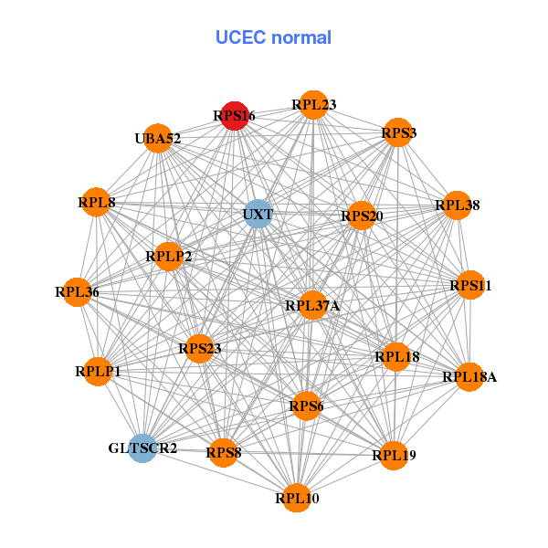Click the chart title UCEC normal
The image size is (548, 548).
(x=273, y=37)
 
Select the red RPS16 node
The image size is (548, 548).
(x=235, y=116)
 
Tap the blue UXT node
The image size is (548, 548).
(x=258, y=215)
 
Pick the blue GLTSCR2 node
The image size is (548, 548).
(x=142, y=448)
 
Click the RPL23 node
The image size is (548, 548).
(x=313, y=105)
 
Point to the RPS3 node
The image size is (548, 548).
(x=397, y=133)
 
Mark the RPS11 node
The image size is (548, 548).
(x=469, y=286)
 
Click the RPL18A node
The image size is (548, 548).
(x=469, y=376)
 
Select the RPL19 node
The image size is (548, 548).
(x=394, y=454)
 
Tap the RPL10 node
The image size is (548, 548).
(x=296, y=498)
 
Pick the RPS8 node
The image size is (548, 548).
(x=224, y=451)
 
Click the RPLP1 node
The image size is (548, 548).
(x=98, y=371)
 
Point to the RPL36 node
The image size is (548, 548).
(x=77, y=292)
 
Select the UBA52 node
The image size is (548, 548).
(x=158, y=139)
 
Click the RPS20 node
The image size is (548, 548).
(x=362, y=216)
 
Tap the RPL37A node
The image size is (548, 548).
(x=312, y=305)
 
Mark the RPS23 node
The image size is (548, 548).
(x=199, y=348)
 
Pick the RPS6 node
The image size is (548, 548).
(x=306, y=406)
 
